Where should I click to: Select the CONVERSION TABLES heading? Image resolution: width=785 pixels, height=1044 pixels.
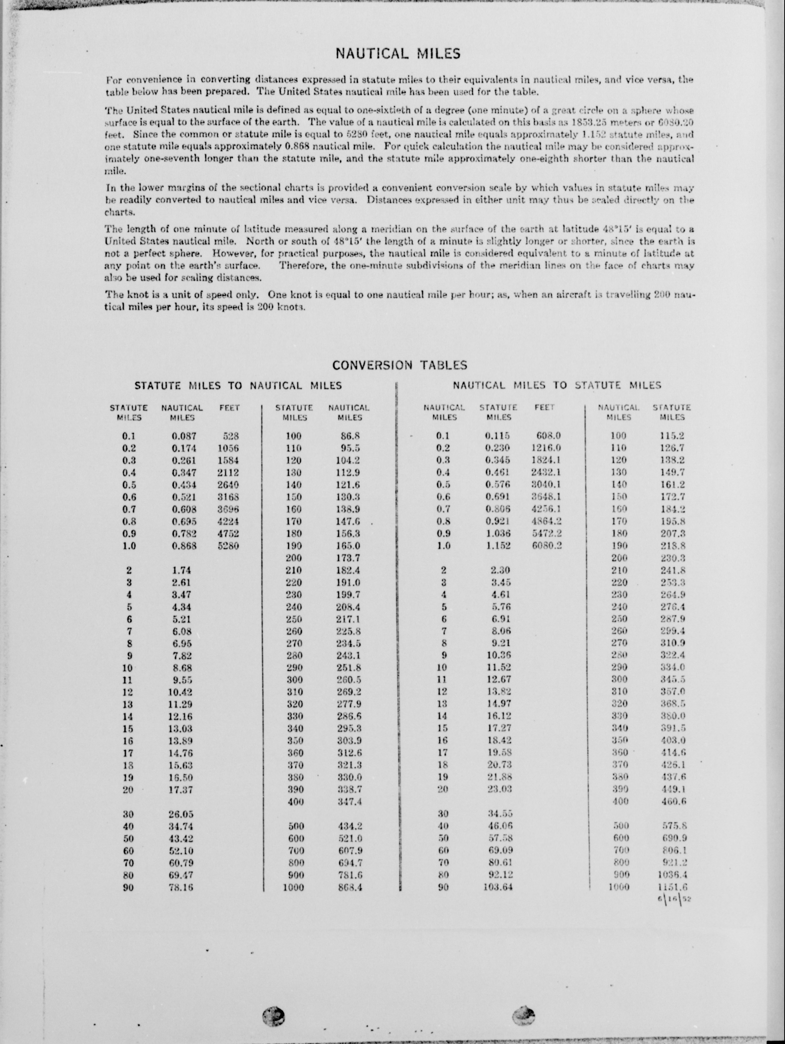[x=399, y=365]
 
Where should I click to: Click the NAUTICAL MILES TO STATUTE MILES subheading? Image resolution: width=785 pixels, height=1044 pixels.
[x=557, y=385]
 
